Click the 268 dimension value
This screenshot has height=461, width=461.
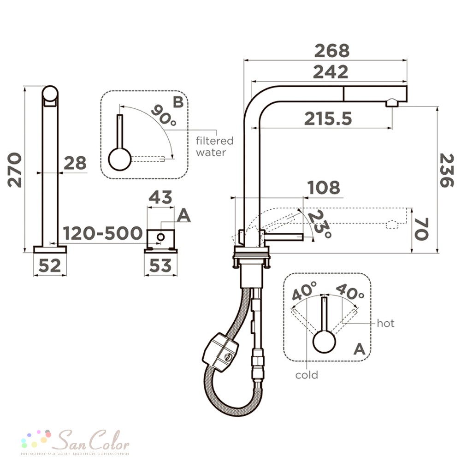332,51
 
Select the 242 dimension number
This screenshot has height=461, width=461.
331,72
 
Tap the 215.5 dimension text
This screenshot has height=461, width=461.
328,119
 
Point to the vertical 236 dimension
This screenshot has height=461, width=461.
447,171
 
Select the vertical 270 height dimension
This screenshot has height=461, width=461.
14,170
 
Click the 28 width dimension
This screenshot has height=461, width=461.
75,163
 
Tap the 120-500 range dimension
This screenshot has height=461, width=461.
103,233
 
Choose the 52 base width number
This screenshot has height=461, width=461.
50,266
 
